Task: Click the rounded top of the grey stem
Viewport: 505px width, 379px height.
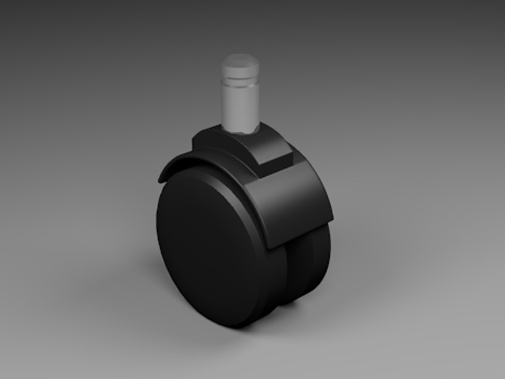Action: [240, 62]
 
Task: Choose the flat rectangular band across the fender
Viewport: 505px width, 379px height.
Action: [290, 202]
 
